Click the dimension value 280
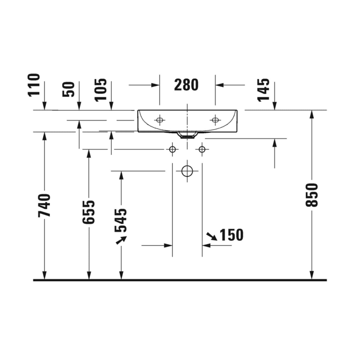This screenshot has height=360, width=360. point(186,85)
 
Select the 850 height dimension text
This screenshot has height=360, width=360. point(312,194)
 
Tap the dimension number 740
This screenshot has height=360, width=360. point(45,205)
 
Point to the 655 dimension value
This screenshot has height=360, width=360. point(89,212)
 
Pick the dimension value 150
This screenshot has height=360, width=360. point(231,235)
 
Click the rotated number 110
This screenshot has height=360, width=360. point(34,85)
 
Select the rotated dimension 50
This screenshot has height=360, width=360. point(69,89)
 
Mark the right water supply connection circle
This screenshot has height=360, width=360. point(202,150)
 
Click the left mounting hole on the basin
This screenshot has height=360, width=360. point(159,120)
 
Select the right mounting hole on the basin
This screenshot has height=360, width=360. point(215,120)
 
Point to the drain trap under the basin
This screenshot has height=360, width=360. point(188,136)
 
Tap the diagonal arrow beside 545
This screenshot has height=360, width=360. point(121,240)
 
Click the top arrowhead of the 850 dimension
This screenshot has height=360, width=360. point(312,115)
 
